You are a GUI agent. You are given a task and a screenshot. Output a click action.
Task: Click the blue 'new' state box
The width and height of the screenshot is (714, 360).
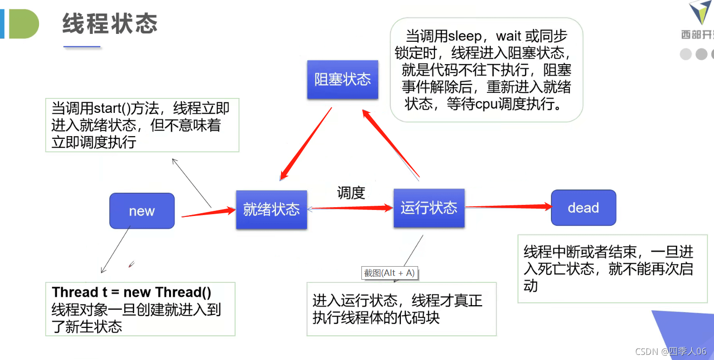pyautogui.click(x=142, y=211)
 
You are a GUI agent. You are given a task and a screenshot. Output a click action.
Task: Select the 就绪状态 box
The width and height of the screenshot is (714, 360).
pyautogui.click(x=272, y=209)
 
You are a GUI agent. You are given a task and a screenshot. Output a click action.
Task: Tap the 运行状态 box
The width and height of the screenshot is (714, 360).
pyautogui.click(x=429, y=208)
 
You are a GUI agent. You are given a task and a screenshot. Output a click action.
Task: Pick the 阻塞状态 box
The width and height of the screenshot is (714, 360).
pyautogui.click(x=343, y=79)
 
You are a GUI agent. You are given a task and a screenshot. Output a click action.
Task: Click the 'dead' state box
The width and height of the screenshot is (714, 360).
pyautogui.click(x=583, y=208)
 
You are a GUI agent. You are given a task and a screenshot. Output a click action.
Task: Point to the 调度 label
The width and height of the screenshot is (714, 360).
pyautogui.click(x=351, y=193)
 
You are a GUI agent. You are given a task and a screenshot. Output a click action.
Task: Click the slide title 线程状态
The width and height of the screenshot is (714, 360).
pyautogui.click(x=110, y=24)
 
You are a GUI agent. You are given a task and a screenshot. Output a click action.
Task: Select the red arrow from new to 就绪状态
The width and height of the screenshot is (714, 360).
pyautogui.click(x=209, y=213)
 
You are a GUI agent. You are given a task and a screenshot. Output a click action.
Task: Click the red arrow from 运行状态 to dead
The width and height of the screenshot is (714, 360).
pyautogui.click(x=509, y=207)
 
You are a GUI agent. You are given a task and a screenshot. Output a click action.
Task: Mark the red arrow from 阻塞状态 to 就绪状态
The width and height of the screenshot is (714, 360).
pyautogui.click(x=306, y=144)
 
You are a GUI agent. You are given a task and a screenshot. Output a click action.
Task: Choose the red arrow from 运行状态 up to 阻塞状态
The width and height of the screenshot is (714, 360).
pyautogui.click(x=391, y=144)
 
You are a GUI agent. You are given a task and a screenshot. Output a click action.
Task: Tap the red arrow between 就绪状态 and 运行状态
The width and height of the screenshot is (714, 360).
pyautogui.click(x=350, y=208)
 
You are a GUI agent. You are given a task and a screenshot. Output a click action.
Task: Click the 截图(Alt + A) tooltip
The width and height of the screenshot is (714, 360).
pyautogui.click(x=389, y=273)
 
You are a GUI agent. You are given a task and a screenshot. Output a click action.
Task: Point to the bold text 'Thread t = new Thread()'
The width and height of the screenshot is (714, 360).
pyautogui.click(x=131, y=292)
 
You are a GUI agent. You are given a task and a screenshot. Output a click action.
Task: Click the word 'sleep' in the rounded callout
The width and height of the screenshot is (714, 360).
pyautogui.click(x=465, y=36)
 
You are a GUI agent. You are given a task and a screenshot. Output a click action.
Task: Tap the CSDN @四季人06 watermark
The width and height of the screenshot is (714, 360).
pyautogui.click(x=671, y=351)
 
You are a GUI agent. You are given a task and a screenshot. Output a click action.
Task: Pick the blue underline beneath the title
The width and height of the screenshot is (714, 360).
pyautogui.click(x=82, y=46)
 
